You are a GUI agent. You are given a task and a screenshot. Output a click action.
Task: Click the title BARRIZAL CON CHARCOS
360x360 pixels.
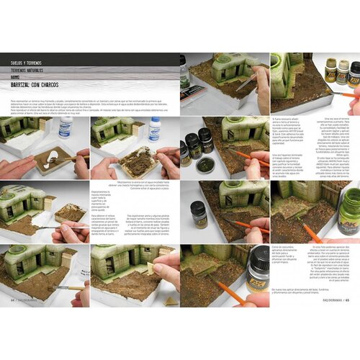[39, 84]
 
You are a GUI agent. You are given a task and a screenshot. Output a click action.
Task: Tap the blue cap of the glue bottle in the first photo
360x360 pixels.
[66, 122]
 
